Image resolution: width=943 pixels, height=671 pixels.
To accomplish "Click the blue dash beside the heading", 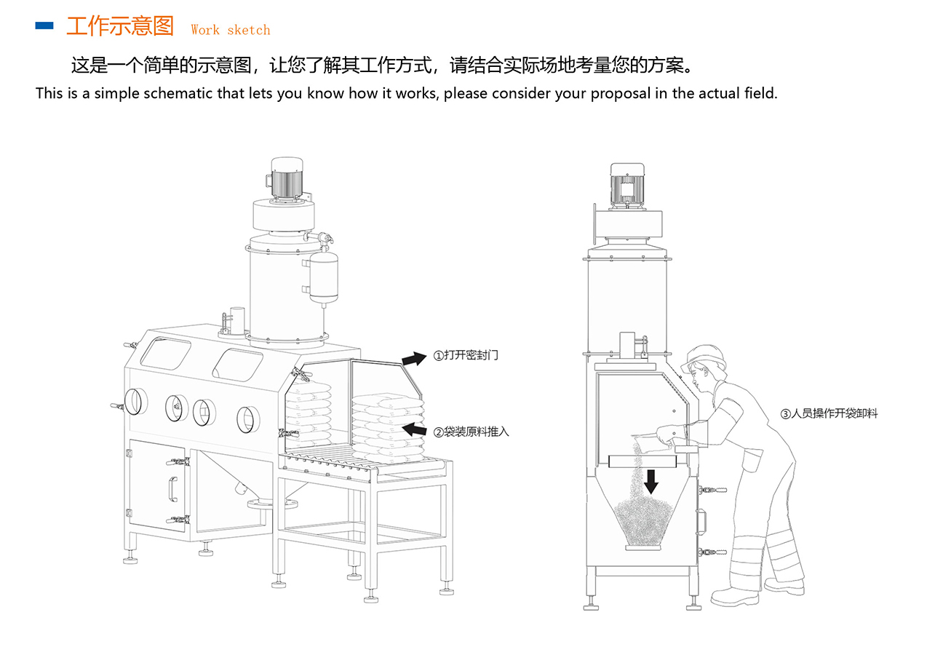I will click(x=44, y=26).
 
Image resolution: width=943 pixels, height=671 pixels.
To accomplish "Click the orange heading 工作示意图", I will click(x=120, y=27).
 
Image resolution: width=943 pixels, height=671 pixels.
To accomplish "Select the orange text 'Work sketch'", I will click(x=230, y=30).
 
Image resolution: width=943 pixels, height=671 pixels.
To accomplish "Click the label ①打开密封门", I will click(x=466, y=356).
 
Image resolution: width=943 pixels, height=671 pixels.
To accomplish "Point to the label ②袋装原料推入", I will click(x=471, y=432).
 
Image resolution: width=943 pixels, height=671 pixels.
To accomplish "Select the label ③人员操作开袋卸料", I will click(x=829, y=413).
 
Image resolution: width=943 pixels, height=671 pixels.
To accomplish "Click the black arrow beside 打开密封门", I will click(x=414, y=358).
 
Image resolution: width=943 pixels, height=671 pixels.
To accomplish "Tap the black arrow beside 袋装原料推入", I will click(x=414, y=429).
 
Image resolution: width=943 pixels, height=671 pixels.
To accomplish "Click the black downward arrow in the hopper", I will click(x=651, y=480).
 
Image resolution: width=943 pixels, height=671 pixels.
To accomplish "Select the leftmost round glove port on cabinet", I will click(x=135, y=401).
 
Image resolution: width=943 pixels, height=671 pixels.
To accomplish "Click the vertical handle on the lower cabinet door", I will click(x=172, y=489).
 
